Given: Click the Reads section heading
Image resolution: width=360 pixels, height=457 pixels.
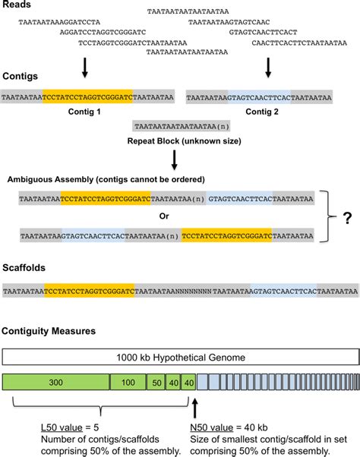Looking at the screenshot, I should coord(17,7).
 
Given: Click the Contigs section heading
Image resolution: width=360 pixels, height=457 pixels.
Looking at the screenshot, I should coord(21,77).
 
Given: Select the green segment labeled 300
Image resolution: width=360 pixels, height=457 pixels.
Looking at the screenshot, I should coord(57,382).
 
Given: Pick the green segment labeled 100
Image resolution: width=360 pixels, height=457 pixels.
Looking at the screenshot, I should coord(128,382).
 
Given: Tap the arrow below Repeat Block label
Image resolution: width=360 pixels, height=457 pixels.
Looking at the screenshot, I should coord(175,160).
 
